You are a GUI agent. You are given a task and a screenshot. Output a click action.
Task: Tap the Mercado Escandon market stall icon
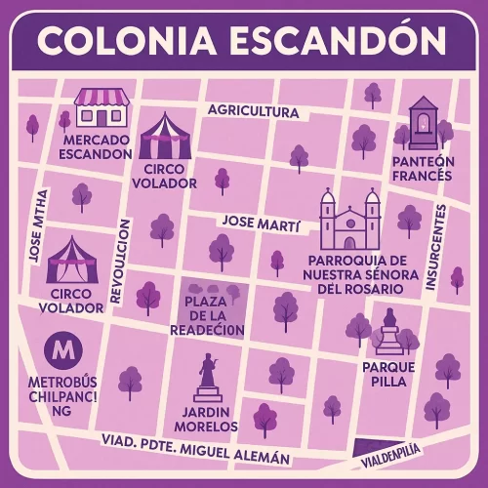pyautogui.click(x=102, y=107)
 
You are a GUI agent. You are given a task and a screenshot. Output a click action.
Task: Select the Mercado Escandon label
pyautogui.click(x=95, y=146)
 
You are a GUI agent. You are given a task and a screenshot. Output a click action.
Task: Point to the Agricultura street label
pyautogui.click(x=253, y=111)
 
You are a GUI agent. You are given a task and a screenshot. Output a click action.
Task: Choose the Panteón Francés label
pyautogui.click(x=422, y=167)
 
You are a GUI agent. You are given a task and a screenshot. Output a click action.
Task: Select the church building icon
pyautogui.click(x=350, y=220)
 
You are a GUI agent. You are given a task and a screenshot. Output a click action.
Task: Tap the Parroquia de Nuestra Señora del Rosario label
pyautogui.click(x=354, y=274)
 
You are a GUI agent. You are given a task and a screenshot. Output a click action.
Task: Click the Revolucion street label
pyautogui.click(x=122, y=262)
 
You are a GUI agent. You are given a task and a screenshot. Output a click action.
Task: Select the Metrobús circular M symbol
pyautogui.click(x=64, y=347)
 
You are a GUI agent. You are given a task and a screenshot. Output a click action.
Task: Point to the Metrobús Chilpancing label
pyautogui.click(x=63, y=395)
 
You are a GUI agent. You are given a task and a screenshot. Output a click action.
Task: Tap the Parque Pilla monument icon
pyautogui.click(x=389, y=333)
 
